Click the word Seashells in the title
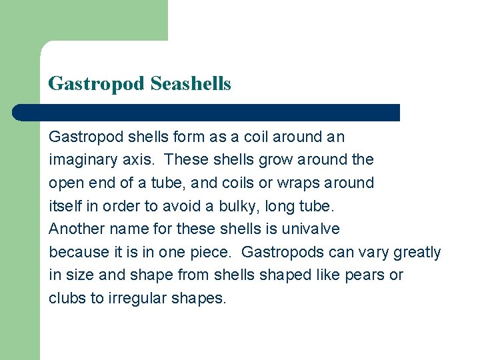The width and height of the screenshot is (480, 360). click(191, 84)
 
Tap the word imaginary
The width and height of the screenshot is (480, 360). click(80, 160)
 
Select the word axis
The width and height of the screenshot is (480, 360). click(139, 160)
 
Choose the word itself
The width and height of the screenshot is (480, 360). click(65, 205)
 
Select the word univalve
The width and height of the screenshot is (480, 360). click(311, 229)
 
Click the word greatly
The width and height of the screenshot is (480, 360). click(417, 252)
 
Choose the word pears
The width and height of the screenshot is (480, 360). click(365, 275)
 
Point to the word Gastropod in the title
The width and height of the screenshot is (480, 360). click(96, 84)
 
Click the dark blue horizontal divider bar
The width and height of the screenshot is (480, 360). click(207, 112)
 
